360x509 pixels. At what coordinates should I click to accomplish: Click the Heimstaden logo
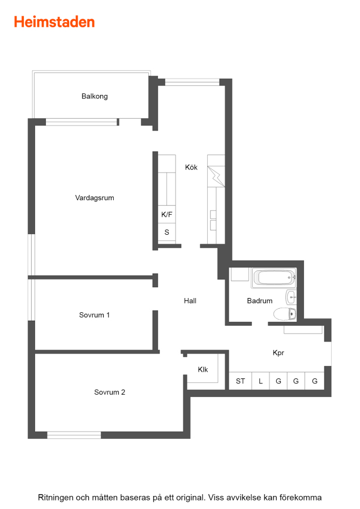(x=54, y=22)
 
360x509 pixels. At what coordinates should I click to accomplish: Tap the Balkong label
(x=95, y=96)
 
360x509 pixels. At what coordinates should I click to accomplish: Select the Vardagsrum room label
(x=95, y=198)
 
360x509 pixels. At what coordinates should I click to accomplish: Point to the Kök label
(x=191, y=167)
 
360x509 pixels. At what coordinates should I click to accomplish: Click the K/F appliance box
(x=166, y=214)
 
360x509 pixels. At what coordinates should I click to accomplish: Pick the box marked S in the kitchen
(x=166, y=232)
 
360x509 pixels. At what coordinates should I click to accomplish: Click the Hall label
(x=190, y=301)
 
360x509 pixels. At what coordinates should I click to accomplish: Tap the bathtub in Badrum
(x=273, y=278)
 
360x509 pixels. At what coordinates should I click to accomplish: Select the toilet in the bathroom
(x=285, y=314)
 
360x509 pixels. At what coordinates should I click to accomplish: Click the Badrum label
(x=260, y=301)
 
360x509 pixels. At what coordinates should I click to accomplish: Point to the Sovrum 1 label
(x=95, y=315)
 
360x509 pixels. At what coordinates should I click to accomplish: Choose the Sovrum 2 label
(x=109, y=392)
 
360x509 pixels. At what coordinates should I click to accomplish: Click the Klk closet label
(x=203, y=369)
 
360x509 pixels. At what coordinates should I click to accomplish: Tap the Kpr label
(x=278, y=353)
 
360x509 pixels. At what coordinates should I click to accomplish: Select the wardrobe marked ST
(x=241, y=381)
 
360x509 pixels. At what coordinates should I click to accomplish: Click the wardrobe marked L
(x=260, y=381)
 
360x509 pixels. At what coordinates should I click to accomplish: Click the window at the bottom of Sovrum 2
(x=74, y=435)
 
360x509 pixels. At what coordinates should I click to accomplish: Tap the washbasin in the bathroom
(x=291, y=297)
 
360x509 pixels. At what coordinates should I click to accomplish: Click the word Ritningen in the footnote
(x=55, y=498)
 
